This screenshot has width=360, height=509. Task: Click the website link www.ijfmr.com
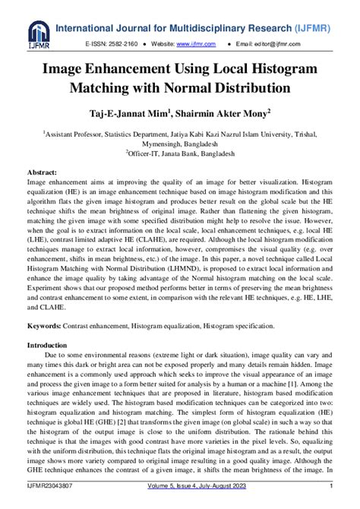point(192,46)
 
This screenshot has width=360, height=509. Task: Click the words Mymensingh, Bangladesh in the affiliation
point(180,141)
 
